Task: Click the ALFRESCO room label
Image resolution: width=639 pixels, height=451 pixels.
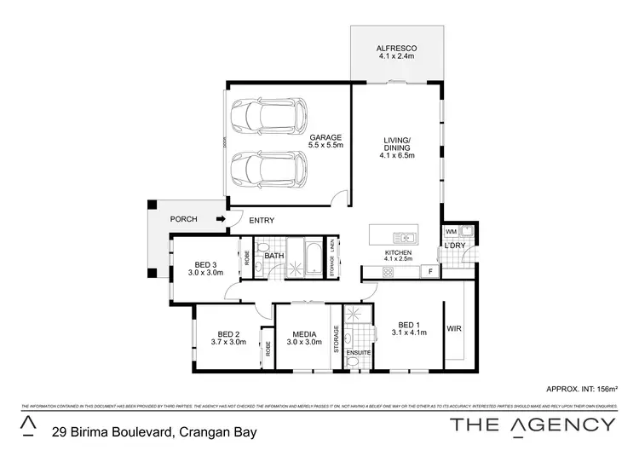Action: [396, 50]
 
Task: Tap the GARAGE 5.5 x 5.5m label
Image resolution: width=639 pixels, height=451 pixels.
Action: [325, 142]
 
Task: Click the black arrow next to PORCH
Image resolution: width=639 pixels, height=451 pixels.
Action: [221, 219]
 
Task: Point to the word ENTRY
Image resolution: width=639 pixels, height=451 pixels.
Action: [262, 220]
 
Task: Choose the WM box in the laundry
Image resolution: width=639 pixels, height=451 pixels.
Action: [452, 232]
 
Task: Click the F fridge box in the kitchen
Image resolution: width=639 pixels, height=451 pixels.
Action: [430, 272]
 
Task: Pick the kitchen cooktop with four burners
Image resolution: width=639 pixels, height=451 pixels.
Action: [389, 272]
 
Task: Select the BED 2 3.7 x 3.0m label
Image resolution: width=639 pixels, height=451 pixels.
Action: [228, 338]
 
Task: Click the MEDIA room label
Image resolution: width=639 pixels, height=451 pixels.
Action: [304, 338]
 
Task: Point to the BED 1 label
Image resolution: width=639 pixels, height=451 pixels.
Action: [410, 329]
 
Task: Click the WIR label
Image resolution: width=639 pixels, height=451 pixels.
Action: [453, 328]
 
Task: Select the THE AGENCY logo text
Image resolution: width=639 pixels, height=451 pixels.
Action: [532, 425]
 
